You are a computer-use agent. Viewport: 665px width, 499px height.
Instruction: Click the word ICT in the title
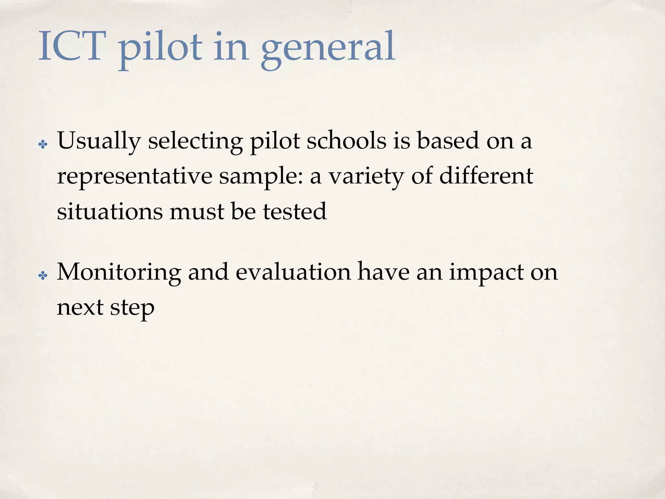72,46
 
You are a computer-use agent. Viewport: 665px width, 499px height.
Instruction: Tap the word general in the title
328,49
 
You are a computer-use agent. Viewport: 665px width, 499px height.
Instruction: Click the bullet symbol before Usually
43,144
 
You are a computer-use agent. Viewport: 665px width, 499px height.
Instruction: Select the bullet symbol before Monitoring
43,276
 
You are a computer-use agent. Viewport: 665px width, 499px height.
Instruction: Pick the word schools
346,141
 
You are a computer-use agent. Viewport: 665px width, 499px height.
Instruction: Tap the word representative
134,176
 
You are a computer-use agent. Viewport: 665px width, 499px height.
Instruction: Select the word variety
367,176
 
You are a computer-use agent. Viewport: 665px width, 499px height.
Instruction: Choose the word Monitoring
119,273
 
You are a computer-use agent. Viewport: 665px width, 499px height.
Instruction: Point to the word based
448,141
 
